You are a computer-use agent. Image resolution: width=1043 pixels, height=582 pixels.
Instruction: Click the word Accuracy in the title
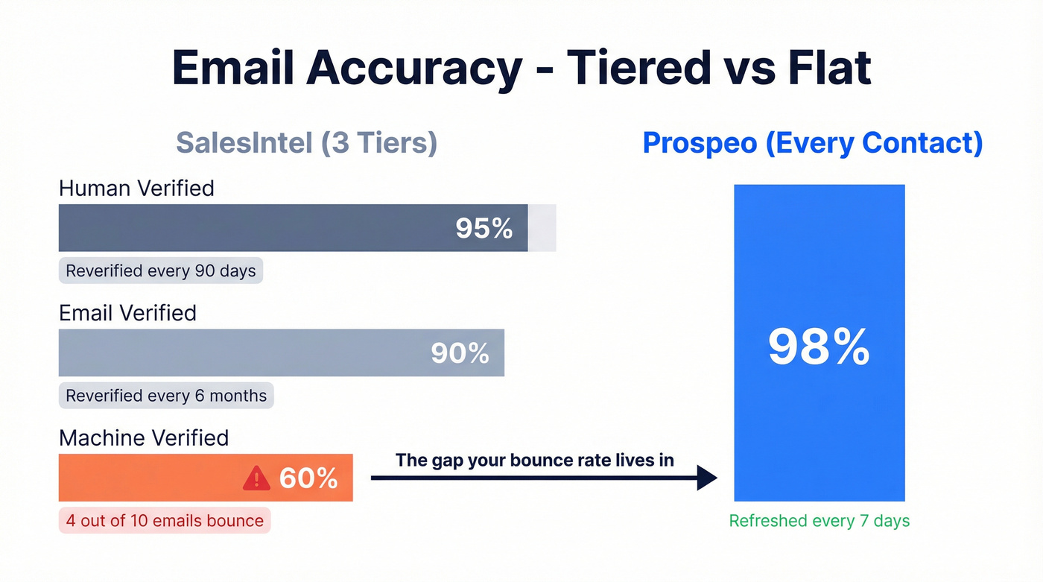point(414,69)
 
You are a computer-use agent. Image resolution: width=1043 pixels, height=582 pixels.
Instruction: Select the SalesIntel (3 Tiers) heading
point(306,142)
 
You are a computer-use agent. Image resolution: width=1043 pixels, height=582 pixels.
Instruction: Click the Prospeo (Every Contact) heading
point(812,142)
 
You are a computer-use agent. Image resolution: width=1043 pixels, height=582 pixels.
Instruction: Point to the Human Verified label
point(136,188)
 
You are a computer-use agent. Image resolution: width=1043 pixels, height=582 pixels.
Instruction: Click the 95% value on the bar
point(484,229)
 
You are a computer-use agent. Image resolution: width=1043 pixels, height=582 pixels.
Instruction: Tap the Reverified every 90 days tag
point(161,271)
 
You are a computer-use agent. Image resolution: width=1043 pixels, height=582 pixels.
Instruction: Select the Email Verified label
point(127,312)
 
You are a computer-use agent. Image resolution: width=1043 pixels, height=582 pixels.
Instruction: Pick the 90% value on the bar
point(460,353)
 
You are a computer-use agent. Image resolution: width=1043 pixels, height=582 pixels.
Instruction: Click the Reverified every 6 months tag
point(166,395)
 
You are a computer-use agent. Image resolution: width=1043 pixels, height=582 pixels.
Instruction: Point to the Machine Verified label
point(144,437)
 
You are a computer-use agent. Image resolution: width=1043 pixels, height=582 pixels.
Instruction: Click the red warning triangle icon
point(256,478)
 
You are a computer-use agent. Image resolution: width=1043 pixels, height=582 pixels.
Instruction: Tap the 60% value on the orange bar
point(308,478)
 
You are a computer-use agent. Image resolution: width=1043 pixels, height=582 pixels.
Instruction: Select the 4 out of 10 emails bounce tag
point(165,520)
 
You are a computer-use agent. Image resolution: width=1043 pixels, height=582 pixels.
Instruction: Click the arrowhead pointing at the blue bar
point(706,478)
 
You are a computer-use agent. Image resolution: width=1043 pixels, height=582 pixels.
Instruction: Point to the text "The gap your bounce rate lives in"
point(534,460)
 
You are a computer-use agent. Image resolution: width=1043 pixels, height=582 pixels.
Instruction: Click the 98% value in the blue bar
point(819,347)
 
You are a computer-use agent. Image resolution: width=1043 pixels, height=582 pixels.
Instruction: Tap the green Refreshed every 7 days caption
point(819,521)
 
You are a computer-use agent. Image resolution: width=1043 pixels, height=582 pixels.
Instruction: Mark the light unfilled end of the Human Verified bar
point(542,227)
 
